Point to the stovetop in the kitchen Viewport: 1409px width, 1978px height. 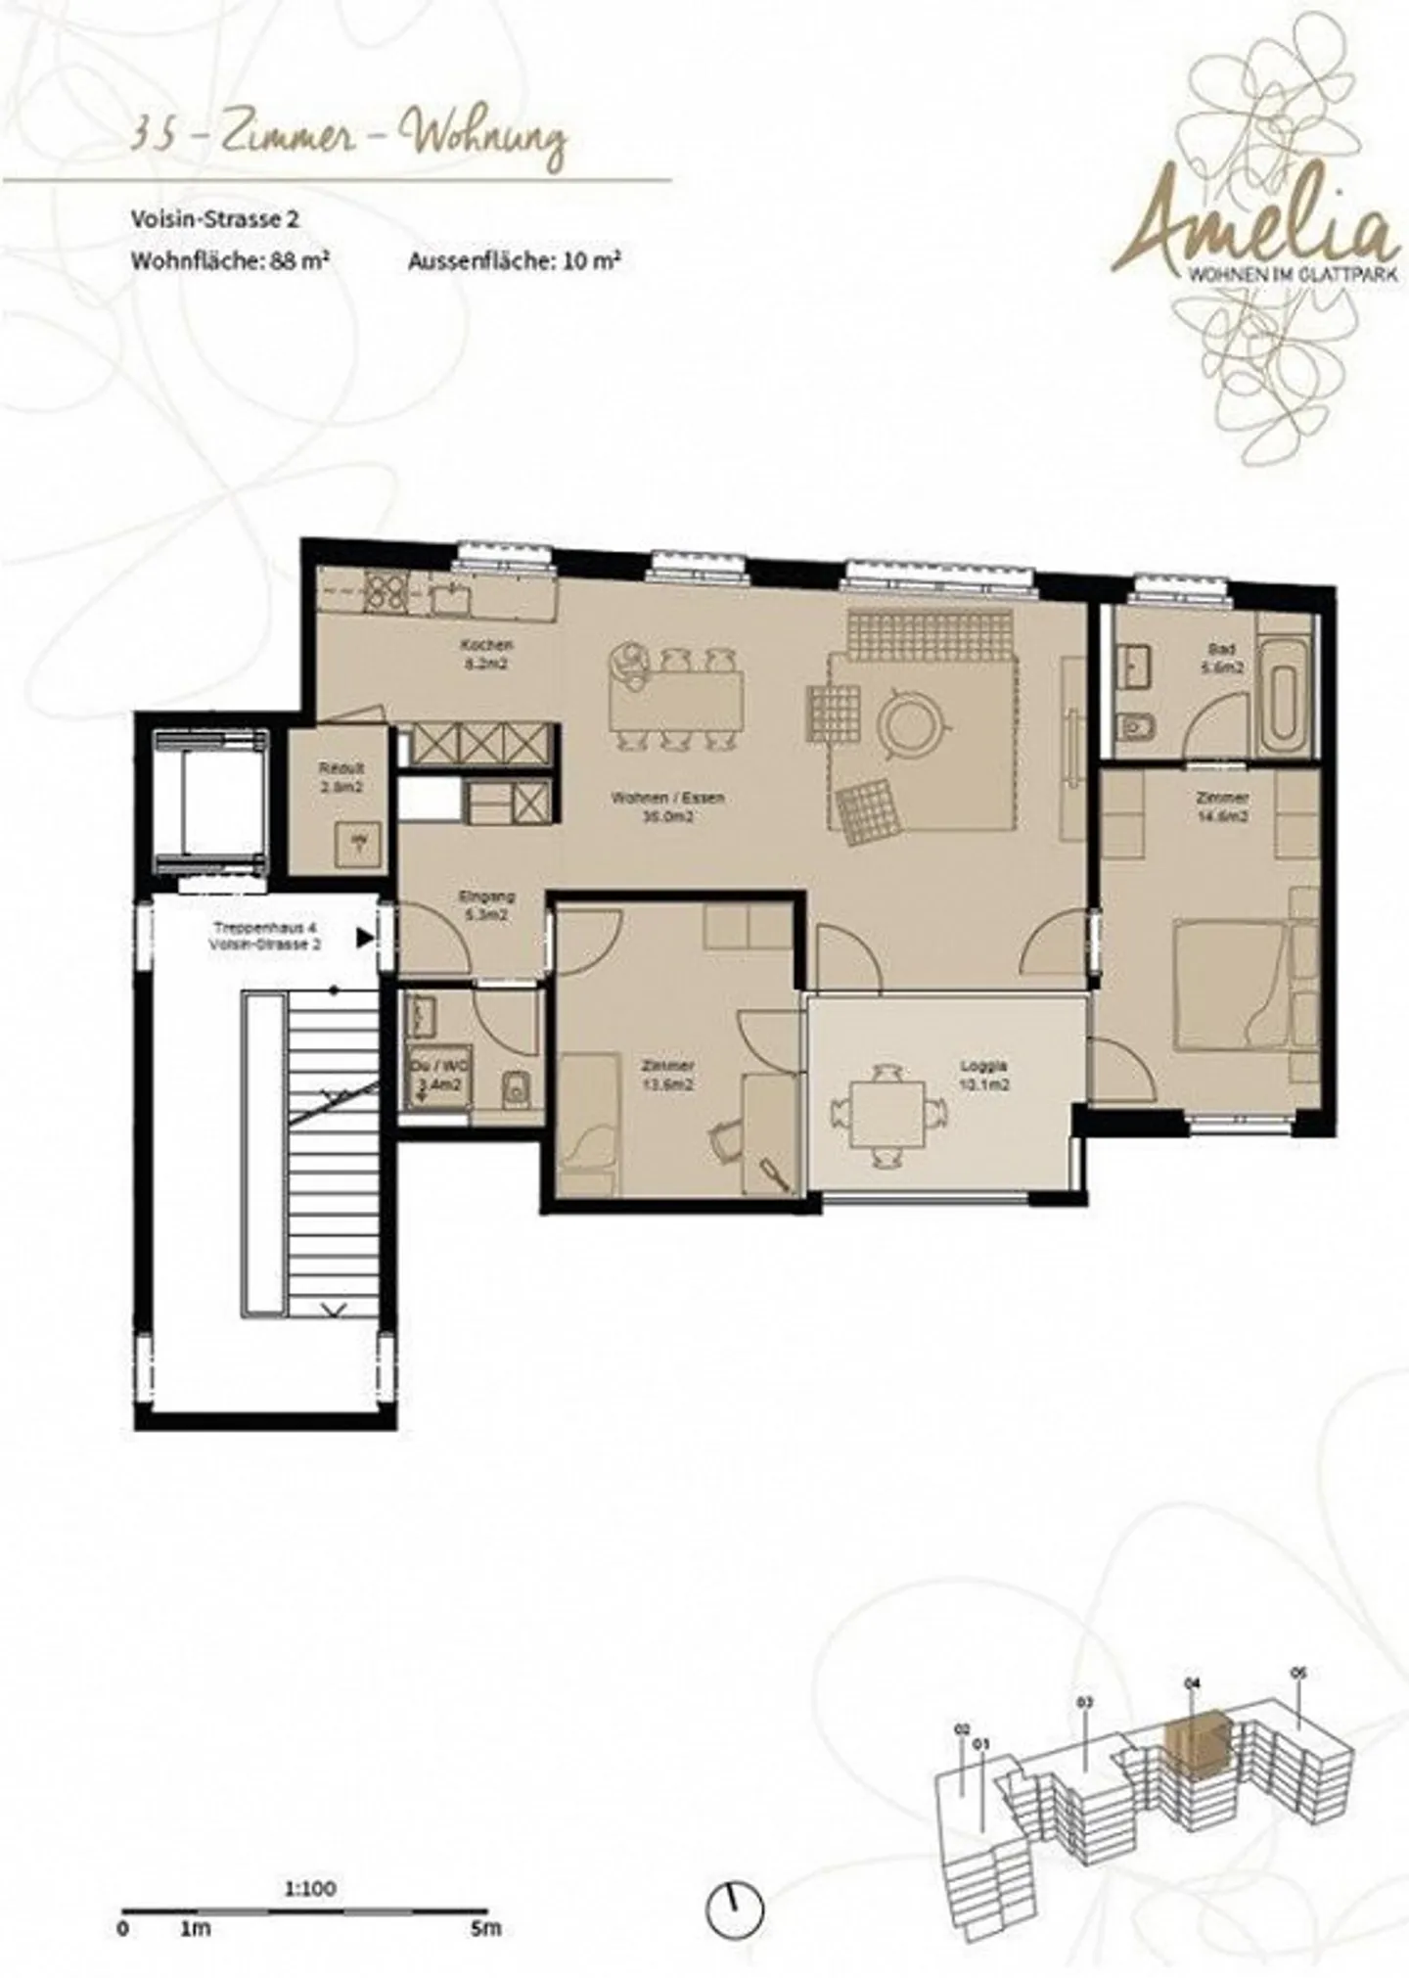386,591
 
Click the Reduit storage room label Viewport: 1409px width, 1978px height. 340,777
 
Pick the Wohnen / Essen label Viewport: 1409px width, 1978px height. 668,805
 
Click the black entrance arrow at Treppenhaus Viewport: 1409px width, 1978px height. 366,939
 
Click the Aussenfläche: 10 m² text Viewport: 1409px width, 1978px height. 515,261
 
